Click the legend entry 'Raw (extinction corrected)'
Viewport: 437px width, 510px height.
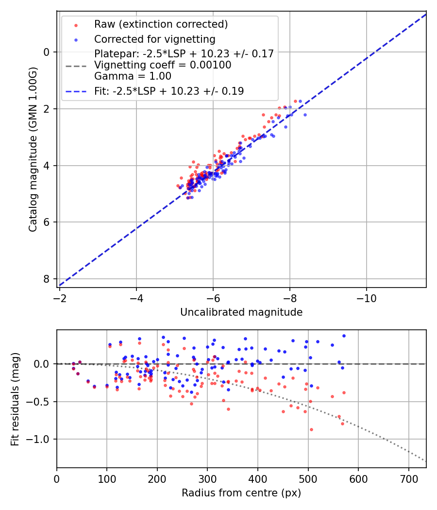point(161,24)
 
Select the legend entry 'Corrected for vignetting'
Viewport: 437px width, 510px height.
point(154,39)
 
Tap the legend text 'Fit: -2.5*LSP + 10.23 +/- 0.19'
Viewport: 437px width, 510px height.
point(169,91)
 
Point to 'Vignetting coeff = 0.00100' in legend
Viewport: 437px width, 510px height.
point(163,65)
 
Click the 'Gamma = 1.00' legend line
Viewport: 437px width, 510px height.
point(133,76)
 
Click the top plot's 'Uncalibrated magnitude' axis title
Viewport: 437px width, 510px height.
point(241,312)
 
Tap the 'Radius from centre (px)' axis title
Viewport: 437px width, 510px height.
point(241,493)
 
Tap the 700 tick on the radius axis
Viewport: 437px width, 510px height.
point(408,479)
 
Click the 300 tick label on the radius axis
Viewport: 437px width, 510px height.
point(207,479)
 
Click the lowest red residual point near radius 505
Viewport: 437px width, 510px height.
point(311,429)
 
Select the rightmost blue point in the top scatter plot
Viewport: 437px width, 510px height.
point(305,115)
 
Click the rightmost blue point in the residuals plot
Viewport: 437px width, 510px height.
point(344,336)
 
